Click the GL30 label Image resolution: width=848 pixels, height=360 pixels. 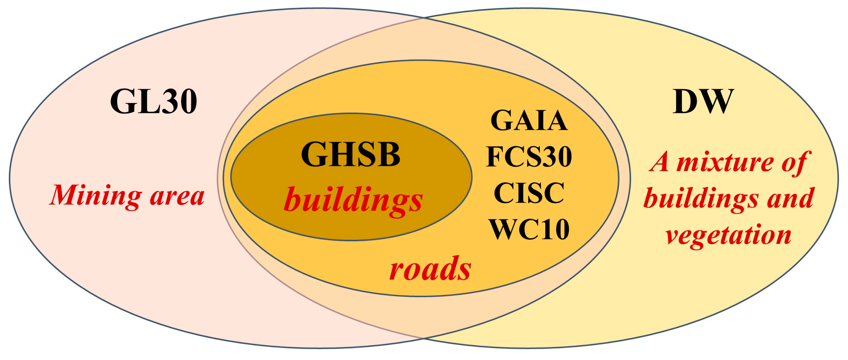153,102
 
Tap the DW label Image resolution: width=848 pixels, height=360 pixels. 703,102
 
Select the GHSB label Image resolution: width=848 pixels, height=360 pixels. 351,155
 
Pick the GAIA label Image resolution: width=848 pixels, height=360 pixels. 529,121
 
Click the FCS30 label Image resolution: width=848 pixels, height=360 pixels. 529,157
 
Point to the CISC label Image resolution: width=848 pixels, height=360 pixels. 529,193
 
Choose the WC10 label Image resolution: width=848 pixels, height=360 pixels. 529,229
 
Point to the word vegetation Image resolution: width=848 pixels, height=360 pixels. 728,235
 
